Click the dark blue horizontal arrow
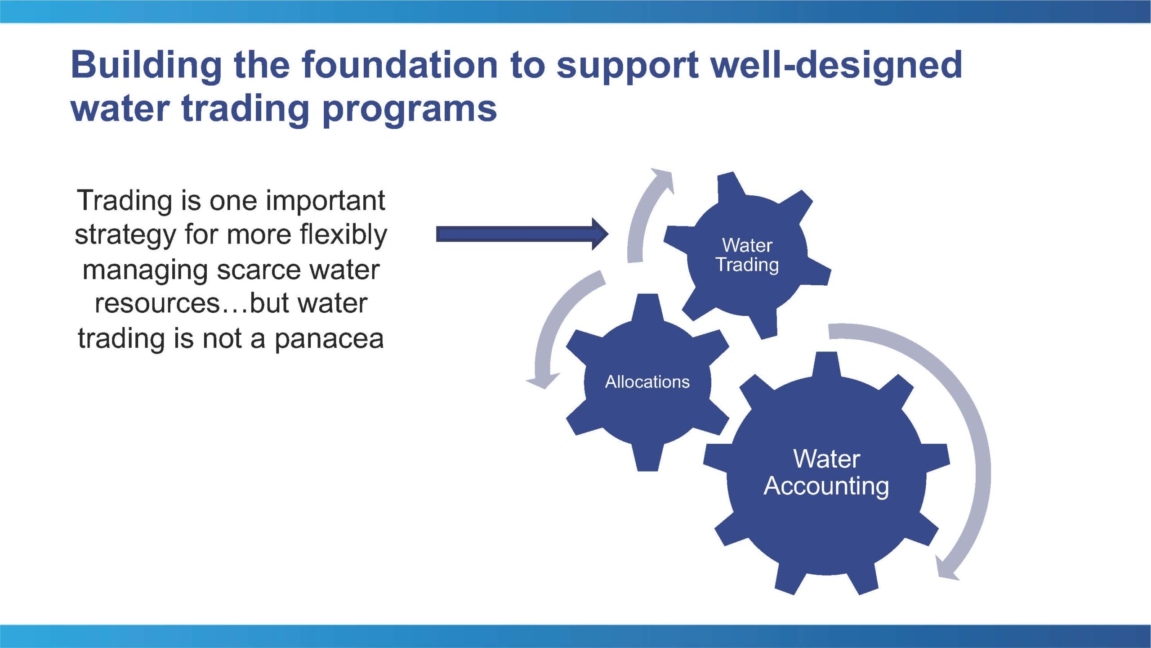click(522, 234)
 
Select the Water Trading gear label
click(747, 255)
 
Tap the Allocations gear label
click(647, 382)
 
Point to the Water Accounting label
click(826, 473)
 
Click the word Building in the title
click(146, 66)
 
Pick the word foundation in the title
click(400, 65)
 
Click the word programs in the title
click(410, 111)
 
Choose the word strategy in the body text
click(125, 235)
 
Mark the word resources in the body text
click(156, 304)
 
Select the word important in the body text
click(325, 200)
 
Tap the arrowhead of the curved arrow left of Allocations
click(543, 380)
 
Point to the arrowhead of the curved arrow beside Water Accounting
click(946, 569)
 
